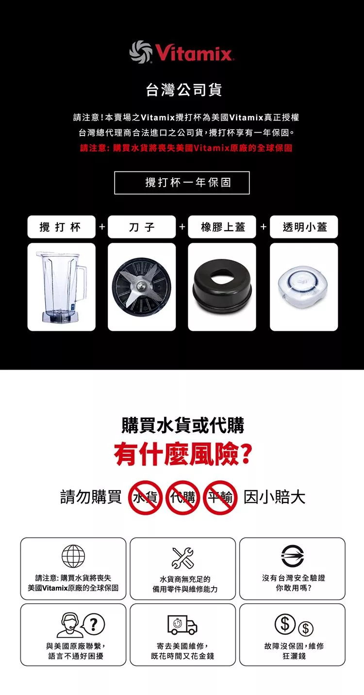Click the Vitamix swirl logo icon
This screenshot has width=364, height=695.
coord(140,52)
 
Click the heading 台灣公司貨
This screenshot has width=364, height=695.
coord(184,90)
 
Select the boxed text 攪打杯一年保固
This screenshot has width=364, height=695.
coord(182,183)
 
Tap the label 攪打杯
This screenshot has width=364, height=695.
coord(61,227)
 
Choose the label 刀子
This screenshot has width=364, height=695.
coord(142,227)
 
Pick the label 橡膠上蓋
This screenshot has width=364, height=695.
coord(222,227)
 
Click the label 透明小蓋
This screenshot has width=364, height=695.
coord(304,227)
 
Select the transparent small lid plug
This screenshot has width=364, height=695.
coord(303,287)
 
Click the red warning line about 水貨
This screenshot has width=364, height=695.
coord(186,148)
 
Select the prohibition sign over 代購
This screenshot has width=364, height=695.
coord(182,497)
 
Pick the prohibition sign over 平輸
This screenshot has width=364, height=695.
coord(220,497)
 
